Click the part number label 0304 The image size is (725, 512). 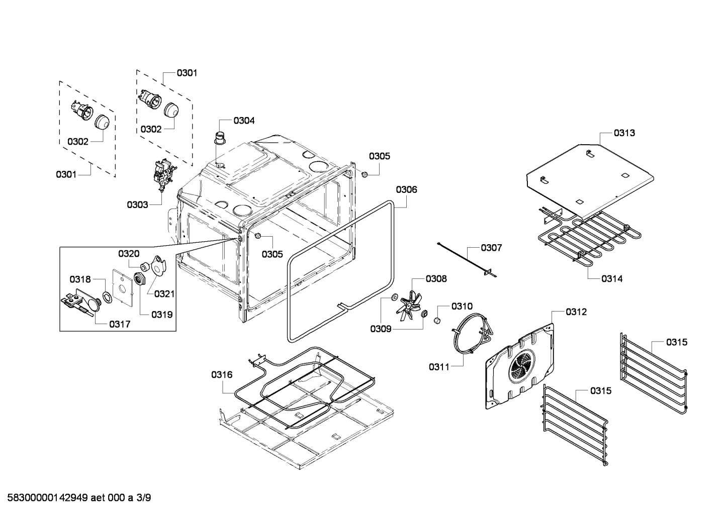244,121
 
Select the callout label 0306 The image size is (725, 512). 406,189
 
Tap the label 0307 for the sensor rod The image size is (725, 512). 491,248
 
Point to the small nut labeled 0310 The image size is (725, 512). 437,320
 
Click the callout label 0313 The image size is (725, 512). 624,133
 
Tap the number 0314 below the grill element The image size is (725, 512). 612,278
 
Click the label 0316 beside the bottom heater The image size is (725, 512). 222,374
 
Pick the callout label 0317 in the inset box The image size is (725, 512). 120,325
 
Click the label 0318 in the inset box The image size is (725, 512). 80,279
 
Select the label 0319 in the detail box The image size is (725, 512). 162,315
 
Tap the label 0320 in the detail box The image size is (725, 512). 129,254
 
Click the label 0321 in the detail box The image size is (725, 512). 164,294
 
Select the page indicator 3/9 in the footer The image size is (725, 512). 144,498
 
